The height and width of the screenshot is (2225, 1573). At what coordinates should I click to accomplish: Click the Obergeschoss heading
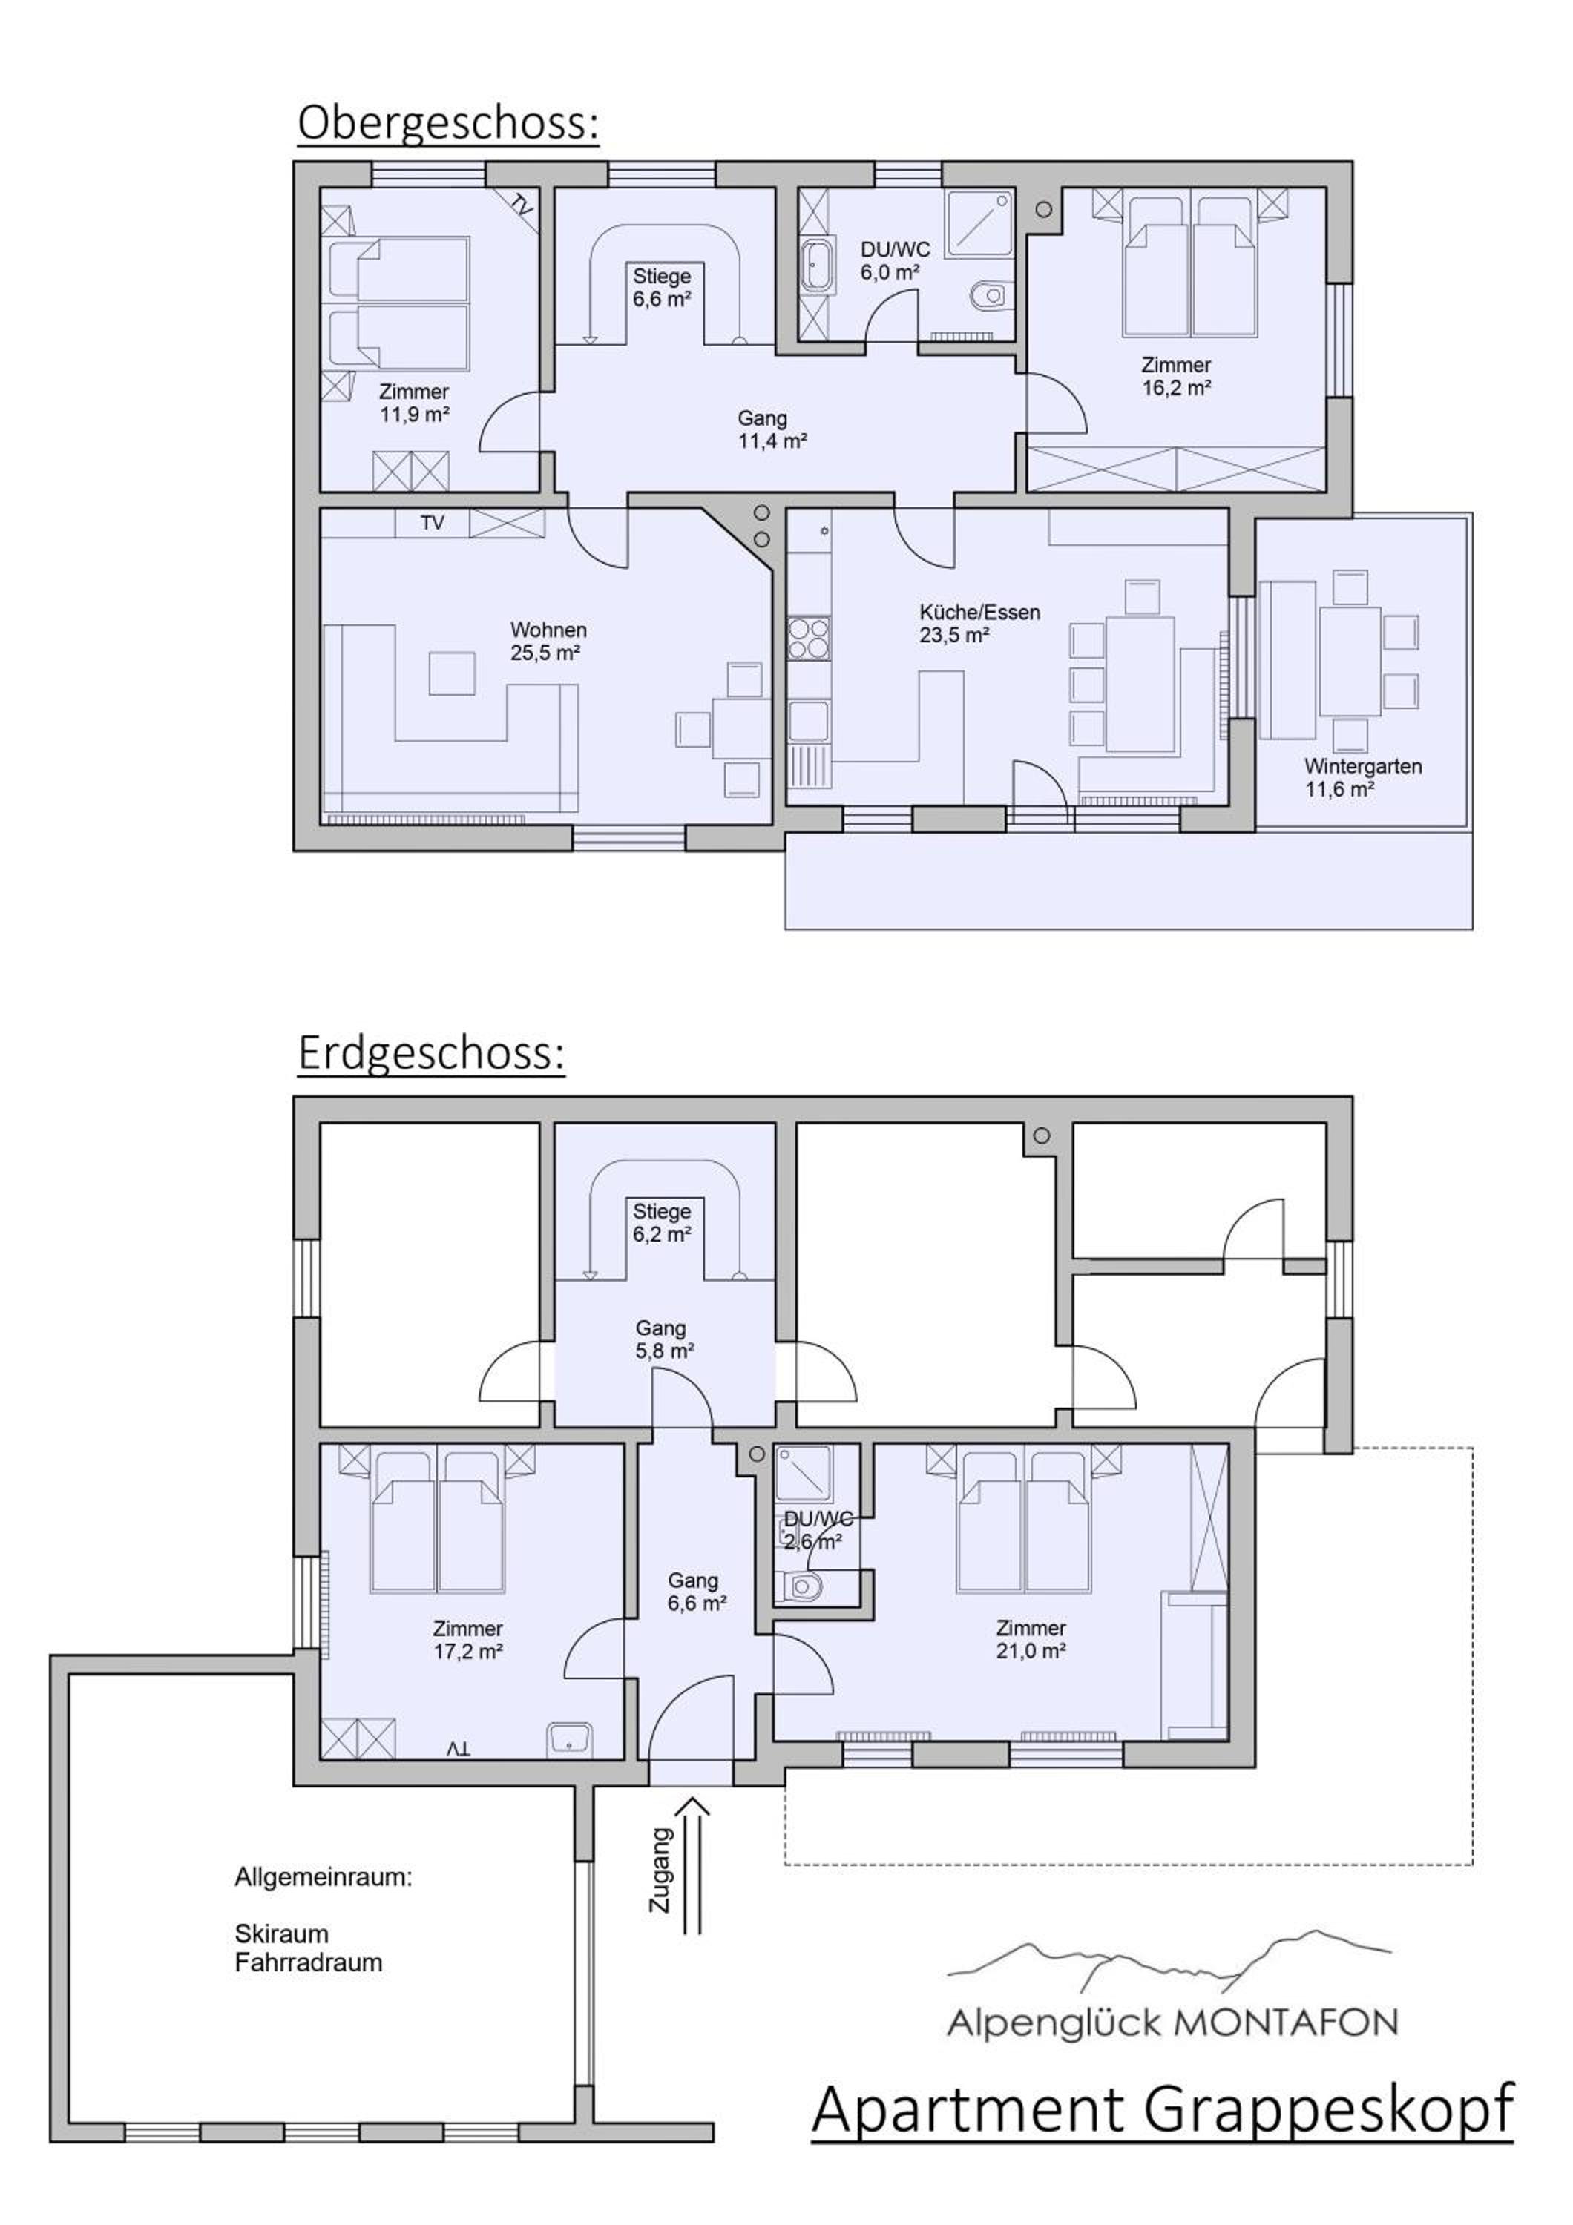coord(447,124)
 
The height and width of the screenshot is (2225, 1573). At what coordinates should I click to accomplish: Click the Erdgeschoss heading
coord(431,1053)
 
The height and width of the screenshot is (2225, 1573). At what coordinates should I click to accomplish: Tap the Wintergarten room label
coord(1363,777)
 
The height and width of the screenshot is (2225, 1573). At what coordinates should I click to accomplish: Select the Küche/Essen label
coord(980,624)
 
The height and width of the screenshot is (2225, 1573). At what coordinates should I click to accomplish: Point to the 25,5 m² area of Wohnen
coord(545,653)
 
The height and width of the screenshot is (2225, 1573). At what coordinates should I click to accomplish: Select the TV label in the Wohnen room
coord(433,524)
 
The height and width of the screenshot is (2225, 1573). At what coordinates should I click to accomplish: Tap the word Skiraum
coord(281,1934)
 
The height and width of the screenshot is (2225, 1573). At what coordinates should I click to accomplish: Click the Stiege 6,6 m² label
coord(662,288)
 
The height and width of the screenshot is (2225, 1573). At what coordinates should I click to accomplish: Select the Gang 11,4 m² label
coord(772,430)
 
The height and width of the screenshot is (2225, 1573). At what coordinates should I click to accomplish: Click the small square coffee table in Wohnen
coord(453,673)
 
